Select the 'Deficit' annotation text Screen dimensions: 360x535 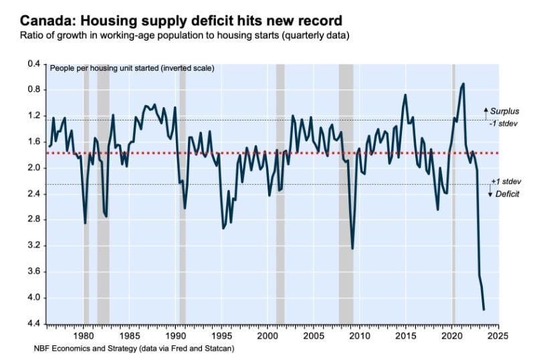[506, 193]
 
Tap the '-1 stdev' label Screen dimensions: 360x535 [503, 123]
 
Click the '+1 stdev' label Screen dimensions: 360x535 [504, 181]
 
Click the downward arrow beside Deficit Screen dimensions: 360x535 [490, 193]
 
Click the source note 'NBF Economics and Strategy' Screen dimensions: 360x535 [134, 349]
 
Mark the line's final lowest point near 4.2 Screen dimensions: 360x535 [484, 309]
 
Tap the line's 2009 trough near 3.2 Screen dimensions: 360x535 [352, 248]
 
